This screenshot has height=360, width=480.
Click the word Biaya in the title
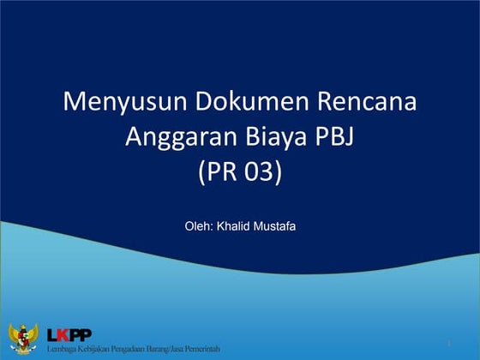[273, 137]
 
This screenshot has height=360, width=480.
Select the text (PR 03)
[239, 172]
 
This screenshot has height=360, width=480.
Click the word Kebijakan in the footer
[95, 348]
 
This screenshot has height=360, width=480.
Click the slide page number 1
[448, 344]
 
